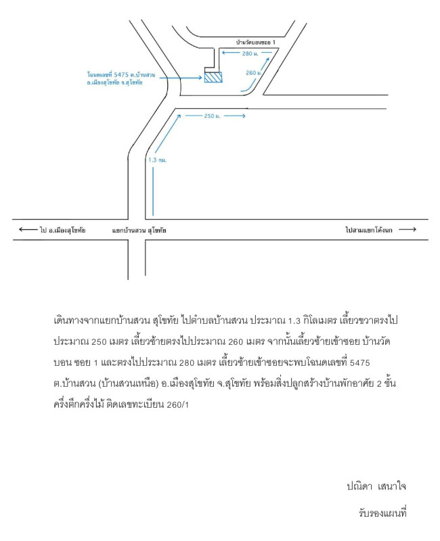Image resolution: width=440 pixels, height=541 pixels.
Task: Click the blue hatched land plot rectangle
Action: (x=213, y=77)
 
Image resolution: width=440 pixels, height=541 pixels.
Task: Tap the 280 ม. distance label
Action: (x=250, y=53)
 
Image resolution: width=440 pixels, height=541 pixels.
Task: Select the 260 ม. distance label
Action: (x=253, y=73)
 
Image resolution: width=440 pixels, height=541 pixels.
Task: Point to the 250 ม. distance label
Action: (x=212, y=116)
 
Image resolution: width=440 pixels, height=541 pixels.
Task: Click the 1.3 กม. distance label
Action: (x=157, y=160)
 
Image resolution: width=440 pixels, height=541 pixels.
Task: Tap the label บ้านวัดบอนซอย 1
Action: (x=256, y=43)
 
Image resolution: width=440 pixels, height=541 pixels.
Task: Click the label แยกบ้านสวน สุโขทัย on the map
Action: (x=139, y=230)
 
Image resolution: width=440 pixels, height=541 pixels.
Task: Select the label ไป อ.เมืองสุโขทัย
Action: (x=62, y=230)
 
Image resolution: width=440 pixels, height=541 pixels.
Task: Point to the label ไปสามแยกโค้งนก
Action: (x=369, y=230)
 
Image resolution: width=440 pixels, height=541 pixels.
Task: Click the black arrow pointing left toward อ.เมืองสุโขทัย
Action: (x=28, y=229)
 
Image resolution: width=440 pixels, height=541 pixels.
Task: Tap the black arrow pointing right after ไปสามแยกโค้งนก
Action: (x=408, y=229)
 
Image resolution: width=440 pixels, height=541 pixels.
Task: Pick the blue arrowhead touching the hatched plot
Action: (x=200, y=78)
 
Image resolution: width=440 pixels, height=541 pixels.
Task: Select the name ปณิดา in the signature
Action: (x=359, y=486)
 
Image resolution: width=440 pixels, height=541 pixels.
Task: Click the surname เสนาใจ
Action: (x=392, y=486)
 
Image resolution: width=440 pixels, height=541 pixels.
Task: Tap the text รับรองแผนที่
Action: (x=382, y=513)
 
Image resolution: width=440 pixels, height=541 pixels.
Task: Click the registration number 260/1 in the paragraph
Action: (x=178, y=404)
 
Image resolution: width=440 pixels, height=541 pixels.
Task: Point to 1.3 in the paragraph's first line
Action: (x=294, y=321)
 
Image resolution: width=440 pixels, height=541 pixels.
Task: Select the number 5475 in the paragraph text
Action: (x=360, y=363)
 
